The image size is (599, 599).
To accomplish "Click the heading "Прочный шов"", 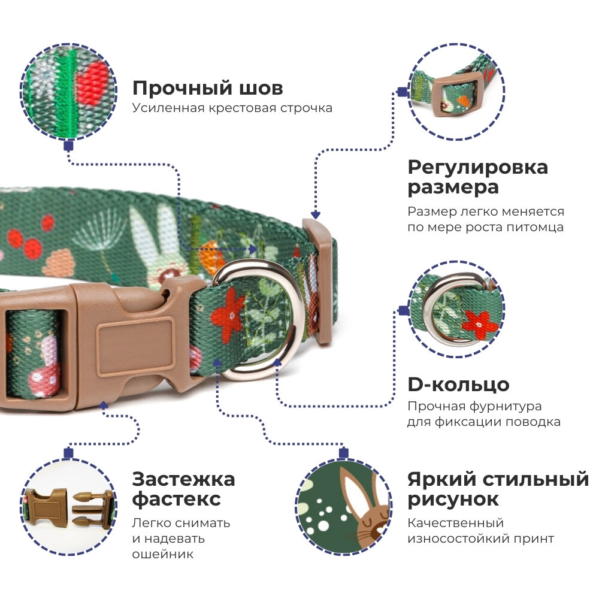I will (207, 89).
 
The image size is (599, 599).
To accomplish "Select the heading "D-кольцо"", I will (458, 385).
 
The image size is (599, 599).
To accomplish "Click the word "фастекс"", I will (176, 499).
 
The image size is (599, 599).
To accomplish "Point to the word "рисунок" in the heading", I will (453, 499).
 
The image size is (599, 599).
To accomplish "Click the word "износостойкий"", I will (453, 539).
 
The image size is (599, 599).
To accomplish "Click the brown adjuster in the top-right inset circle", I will (456, 95).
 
